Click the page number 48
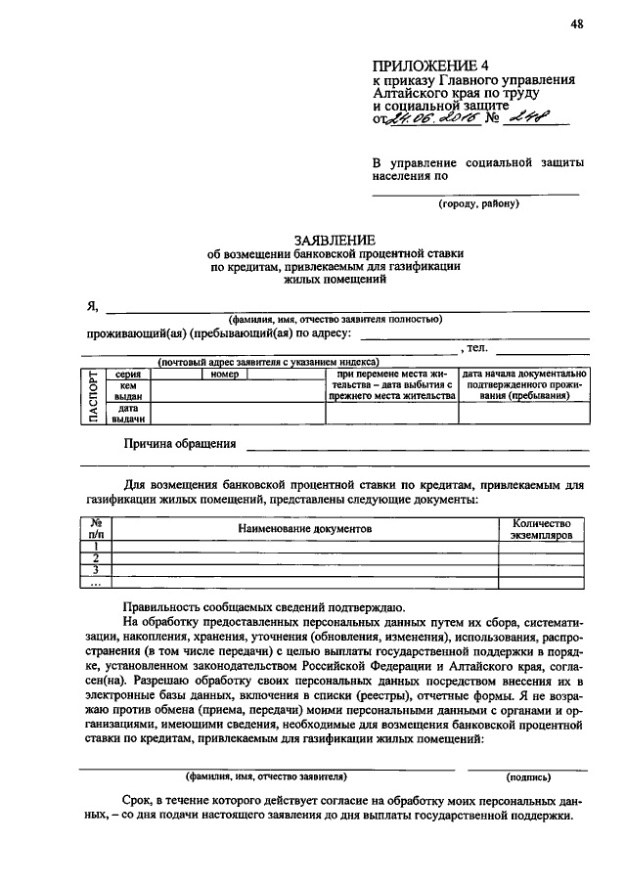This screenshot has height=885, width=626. coord(576,25)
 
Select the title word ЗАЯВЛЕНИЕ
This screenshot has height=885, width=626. coord(335,239)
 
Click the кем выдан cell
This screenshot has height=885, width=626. coord(128,391)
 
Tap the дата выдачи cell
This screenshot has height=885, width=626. coord(128,414)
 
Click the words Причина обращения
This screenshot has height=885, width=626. coord(179,443)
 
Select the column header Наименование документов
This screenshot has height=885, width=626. coord(305,528)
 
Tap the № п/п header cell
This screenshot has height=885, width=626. coord(96,528)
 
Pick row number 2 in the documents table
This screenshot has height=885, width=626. coord(96,558)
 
